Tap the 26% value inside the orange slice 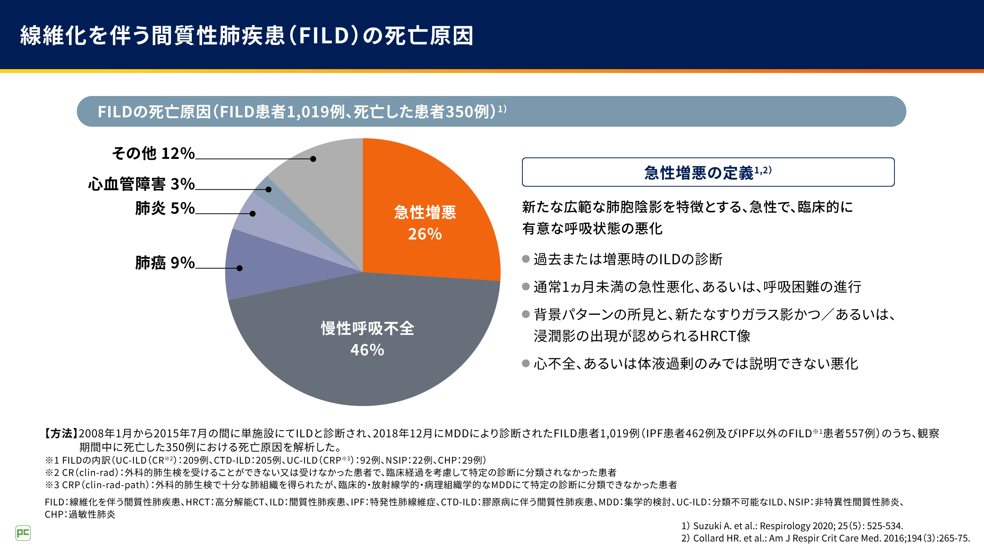pos(425,234)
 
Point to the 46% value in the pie pos(367,350)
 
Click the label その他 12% pos(153,153)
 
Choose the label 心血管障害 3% pos(141,184)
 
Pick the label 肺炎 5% pos(165,208)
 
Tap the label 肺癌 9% pos(165,263)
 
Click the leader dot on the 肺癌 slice pos(239,268)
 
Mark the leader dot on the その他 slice pos(313,159)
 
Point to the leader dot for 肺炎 pos(253,214)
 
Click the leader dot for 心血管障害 pos(269,189)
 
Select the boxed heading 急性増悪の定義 pos(708,172)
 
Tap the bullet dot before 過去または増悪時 pos(526,259)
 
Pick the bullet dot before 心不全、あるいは pos(526,363)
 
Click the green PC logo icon pos(23,533)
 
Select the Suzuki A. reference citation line pos(792,526)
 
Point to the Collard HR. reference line pos(826,538)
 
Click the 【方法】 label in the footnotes pos(61,434)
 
